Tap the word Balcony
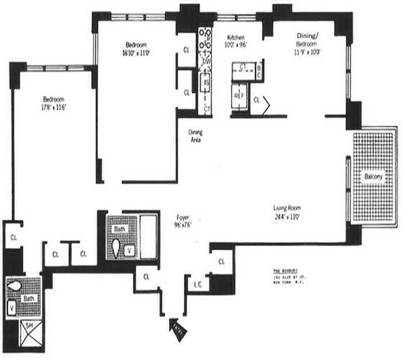pyautogui.click(x=373, y=177)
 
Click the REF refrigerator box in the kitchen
pyautogui.click(x=238, y=95)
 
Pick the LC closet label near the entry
pyautogui.click(x=197, y=284)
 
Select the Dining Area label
pyautogui.click(x=195, y=136)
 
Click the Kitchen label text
pyautogui.click(x=236, y=38)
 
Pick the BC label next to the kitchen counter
pyautogui.click(x=259, y=71)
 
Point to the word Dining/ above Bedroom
pyautogui.click(x=308, y=36)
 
